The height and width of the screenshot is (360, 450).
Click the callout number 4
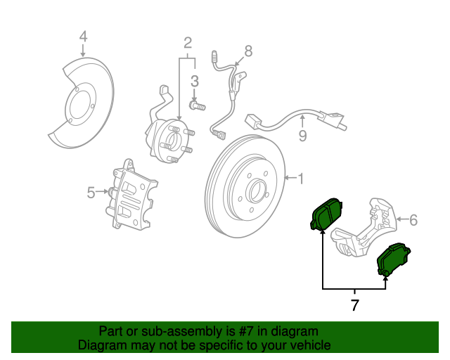(x=83, y=37)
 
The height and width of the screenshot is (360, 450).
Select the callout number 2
(x=188, y=43)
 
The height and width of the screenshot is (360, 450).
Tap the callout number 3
(x=195, y=82)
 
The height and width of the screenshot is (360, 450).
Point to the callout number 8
(x=248, y=51)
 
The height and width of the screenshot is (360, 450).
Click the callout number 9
(x=302, y=136)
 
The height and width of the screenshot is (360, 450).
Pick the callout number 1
(x=300, y=179)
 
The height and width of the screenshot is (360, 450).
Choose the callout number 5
(x=91, y=193)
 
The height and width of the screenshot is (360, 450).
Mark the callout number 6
(x=413, y=220)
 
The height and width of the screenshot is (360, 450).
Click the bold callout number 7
(x=354, y=305)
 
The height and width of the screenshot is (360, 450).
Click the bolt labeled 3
(x=198, y=105)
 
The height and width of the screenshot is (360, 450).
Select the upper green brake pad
(x=326, y=214)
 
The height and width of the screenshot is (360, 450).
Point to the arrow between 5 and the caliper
(x=102, y=191)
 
